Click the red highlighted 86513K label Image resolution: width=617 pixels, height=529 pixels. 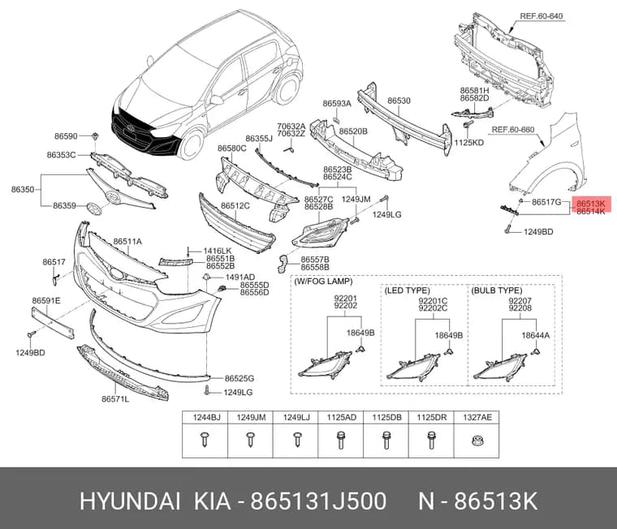coord(591,204)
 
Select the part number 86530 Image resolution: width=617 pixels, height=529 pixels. coord(399,101)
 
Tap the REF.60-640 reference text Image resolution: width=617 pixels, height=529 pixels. coord(541,16)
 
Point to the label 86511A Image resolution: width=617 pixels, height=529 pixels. coord(127,242)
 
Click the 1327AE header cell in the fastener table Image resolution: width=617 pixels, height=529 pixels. coord(477,417)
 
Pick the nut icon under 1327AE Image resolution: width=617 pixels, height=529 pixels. coord(477,441)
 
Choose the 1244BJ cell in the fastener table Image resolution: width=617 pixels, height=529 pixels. coord(205,417)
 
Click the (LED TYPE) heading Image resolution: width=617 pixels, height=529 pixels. coord(407,290)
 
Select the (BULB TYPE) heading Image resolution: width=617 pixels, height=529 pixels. coord(497,290)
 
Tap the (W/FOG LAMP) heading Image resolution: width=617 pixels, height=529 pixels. coord(323,282)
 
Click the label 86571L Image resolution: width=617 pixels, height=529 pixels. coord(115,399)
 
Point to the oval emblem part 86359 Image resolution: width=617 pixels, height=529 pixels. coord(93,209)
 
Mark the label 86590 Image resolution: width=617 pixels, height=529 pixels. coord(66,136)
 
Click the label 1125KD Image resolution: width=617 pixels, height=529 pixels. coord(469,142)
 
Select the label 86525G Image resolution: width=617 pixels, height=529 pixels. coord(239,378)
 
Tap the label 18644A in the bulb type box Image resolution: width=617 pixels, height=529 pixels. coord(536,335)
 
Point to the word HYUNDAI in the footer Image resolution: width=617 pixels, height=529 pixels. coord(130,501)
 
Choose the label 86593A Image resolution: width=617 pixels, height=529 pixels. coord(337,103)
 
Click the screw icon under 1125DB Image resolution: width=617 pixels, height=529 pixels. coord(386,440)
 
